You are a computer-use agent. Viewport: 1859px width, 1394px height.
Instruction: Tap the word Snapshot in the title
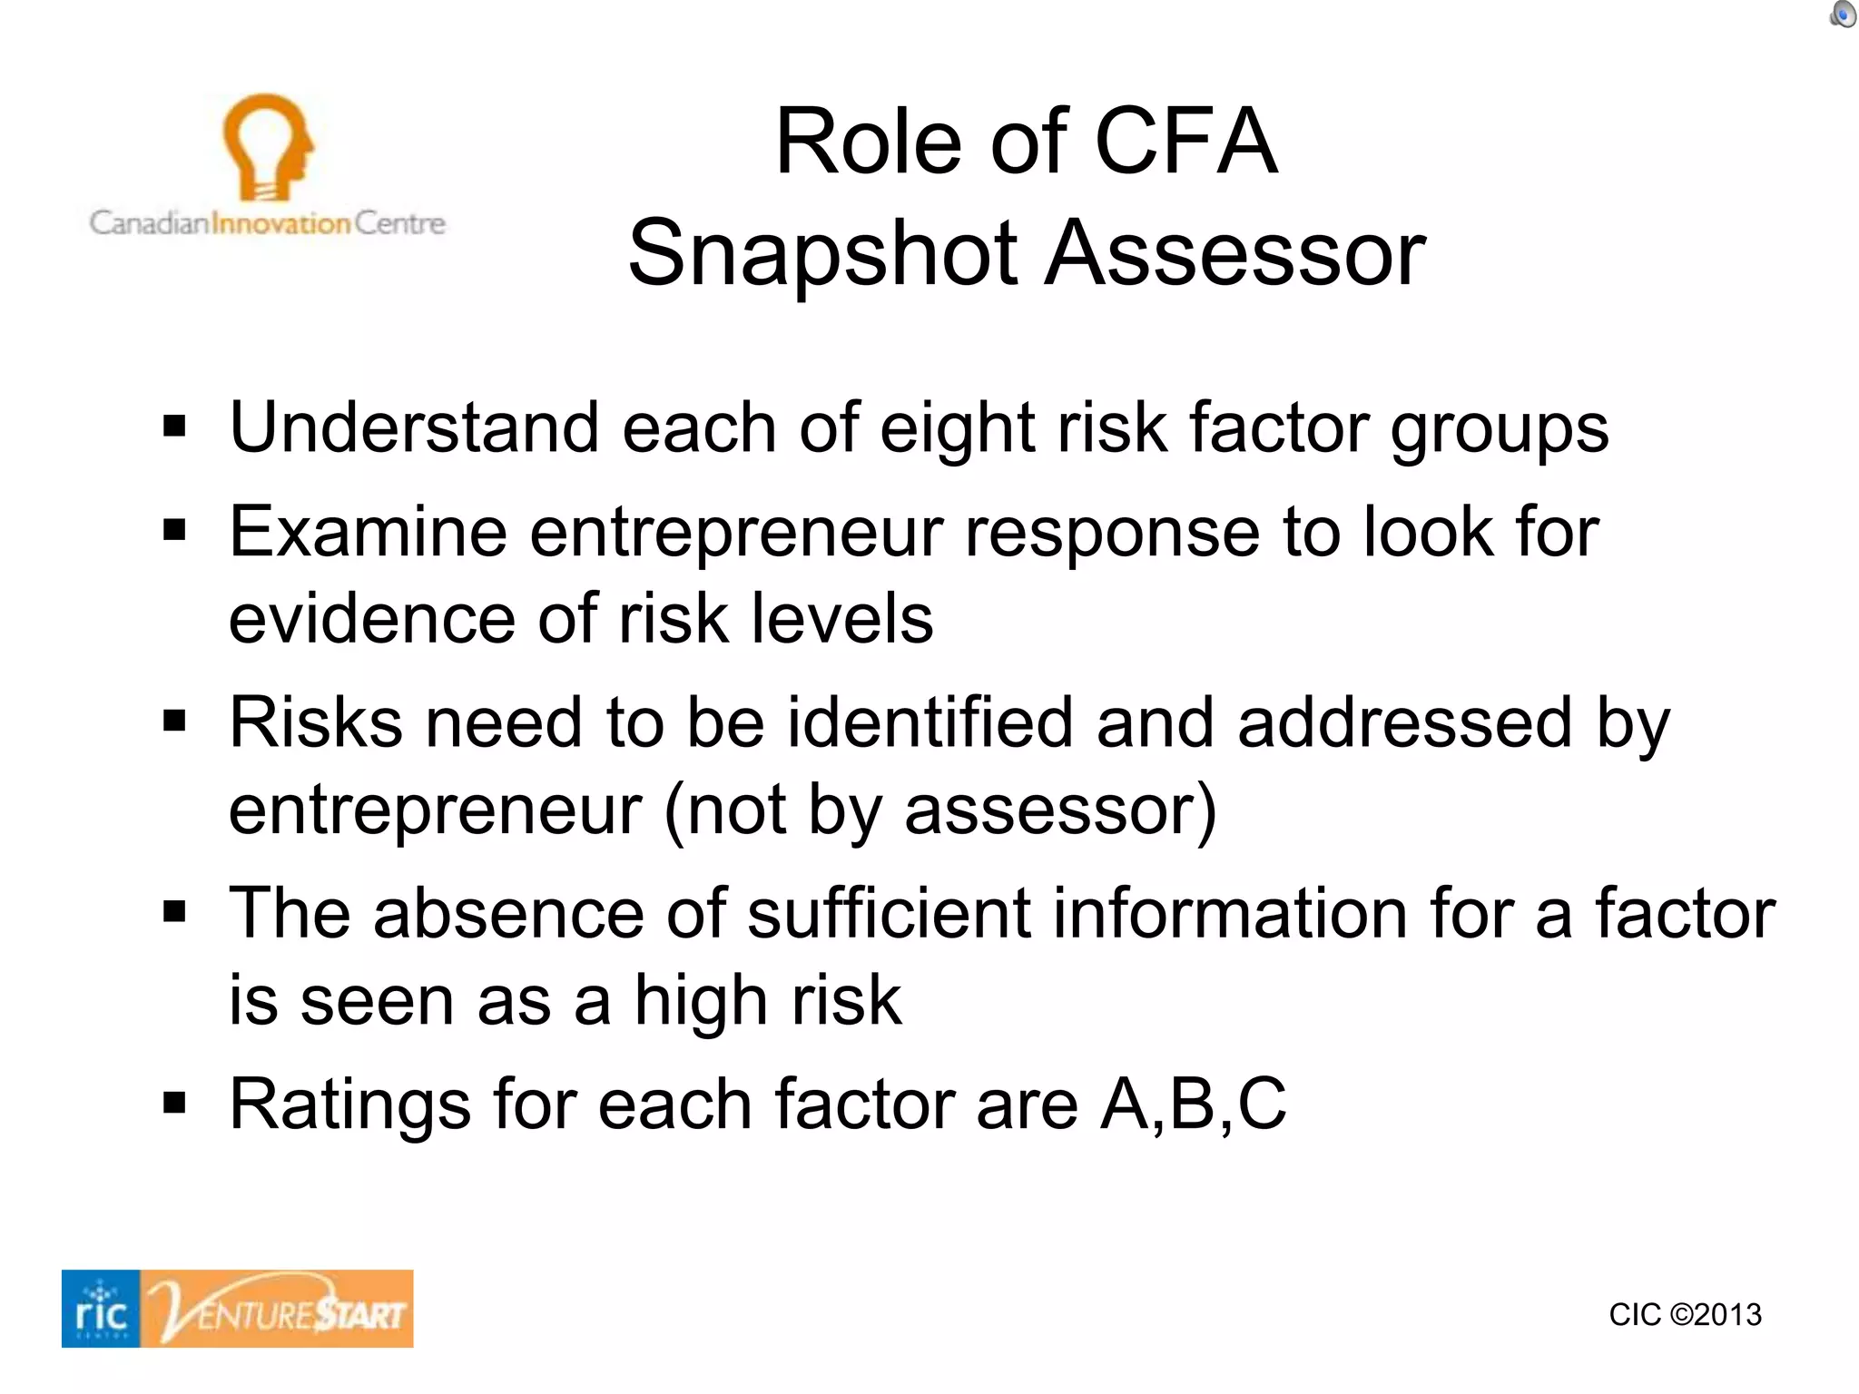pos(823,253)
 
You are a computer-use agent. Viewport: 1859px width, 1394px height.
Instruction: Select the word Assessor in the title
pos(1235,253)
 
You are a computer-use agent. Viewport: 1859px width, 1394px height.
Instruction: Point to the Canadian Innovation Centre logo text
pos(267,223)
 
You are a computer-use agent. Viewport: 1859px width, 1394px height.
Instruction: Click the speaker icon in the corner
pos(1843,15)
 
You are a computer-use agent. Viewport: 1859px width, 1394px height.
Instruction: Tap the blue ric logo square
pos(101,1309)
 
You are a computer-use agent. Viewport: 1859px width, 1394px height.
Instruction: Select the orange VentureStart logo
pos(278,1309)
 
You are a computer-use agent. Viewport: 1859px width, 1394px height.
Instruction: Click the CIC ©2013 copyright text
pos(1685,1314)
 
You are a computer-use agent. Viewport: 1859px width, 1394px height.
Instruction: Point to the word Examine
pos(368,532)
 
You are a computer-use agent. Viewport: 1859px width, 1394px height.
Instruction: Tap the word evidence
pos(372,619)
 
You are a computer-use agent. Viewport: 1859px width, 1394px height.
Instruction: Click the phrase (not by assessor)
pos(940,810)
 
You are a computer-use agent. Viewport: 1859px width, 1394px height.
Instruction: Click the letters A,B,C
pos(1193,1104)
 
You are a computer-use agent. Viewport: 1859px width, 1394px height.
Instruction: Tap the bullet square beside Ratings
pos(174,1104)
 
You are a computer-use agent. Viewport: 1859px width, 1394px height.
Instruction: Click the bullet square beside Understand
pos(174,426)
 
